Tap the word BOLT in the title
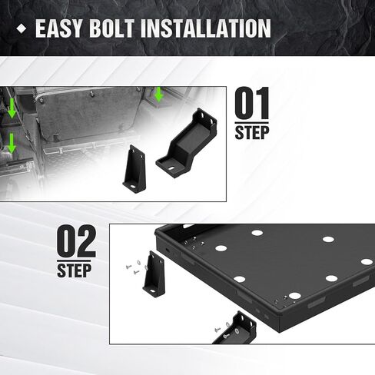pyautogui.click(x=112, y=28)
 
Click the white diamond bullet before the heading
pyautogui.click(x=22, y=28)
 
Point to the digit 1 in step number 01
pyautogui.click(x=262, y=103)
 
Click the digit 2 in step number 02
pyautogui.click(x=85, y=241)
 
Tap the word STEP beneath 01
pyautogui.click(x=252, y=132)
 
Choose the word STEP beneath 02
pyautogui.click(x=74, y=270)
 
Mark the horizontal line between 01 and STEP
pyautogui.click(x=252, y=122)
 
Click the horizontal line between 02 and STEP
pyautogui.click(x=74, y=261)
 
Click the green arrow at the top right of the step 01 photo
pyautogui.click(x=159, y=94)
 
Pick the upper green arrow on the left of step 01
pyautogui.click(x=12, y=108)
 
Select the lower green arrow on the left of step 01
pyautogui.click(x=12, y=144)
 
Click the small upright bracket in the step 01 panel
pyautogui.click(x=134, y=169)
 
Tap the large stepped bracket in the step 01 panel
pyautogui.click(x=187, y=144)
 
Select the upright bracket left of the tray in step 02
pyautogui.click(x=154, y=274)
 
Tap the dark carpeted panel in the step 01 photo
pyautogui.click(x=87, y=113)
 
